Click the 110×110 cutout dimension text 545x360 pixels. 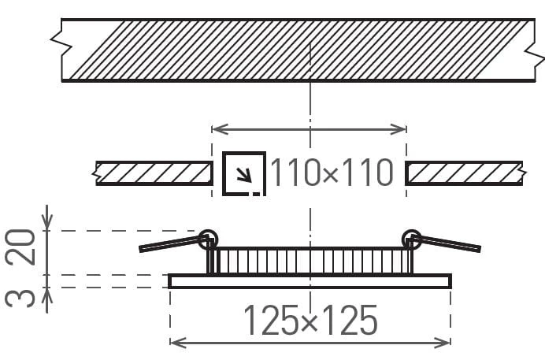point(332,173)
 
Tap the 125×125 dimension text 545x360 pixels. point(310,320)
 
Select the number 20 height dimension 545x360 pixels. point(20,247)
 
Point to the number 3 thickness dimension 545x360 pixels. point(20,298)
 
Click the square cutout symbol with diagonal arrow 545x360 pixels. point(244,174)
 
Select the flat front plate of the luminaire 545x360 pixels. point(310,281)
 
